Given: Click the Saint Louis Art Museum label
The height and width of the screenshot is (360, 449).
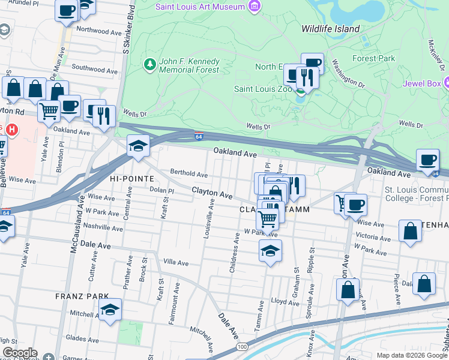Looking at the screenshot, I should [x=200, y=7].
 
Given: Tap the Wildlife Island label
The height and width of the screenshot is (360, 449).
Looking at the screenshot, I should [x=331, y=29].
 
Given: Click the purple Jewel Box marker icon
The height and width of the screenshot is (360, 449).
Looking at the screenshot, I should [x=446, y=83].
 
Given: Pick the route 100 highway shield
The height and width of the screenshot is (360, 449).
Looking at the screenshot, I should [x=241, y=347].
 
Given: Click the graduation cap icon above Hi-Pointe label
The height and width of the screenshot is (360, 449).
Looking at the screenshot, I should [x=138, y=146].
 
